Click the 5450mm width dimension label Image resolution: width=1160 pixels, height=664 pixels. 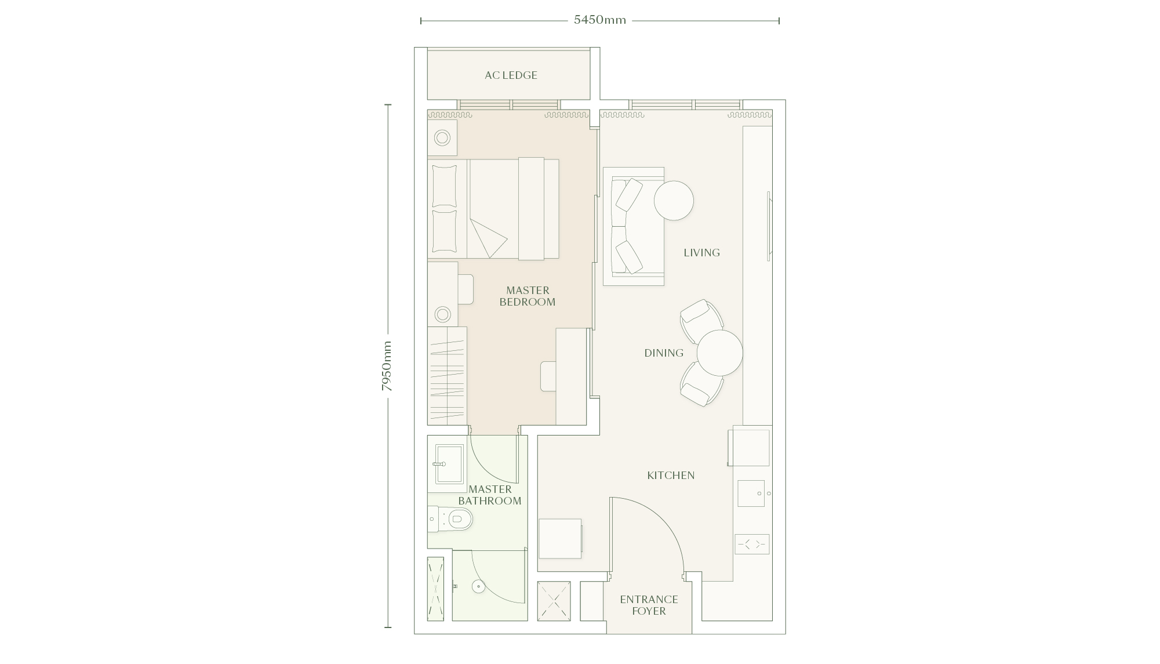click(x=600, y=20)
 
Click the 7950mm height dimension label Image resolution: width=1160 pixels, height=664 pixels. click(x=387, y=366)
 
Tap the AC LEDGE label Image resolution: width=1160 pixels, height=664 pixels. click(x=511, y=75)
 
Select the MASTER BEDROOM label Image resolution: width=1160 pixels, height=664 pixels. click(x=528, y=296)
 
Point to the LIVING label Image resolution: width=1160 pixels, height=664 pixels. click(x=701, y=252)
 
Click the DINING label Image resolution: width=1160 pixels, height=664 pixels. click(x=664, y=353)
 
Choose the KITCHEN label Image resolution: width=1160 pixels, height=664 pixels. click(x=671, y=476)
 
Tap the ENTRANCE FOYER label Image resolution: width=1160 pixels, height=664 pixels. click(x=649, y=605)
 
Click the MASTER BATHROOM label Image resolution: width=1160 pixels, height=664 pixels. click(x=490, y=495)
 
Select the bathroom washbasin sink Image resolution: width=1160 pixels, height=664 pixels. click(x=449, y=464)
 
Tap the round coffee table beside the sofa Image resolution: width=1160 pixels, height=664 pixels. click(x=674, y=201)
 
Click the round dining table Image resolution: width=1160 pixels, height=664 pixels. click(x=719, y=353)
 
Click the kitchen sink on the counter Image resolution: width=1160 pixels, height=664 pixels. click(x=751, y=494)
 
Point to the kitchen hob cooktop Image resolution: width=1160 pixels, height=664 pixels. click(x=752, y=545)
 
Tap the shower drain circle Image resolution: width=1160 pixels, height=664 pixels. click(x=478, y=586)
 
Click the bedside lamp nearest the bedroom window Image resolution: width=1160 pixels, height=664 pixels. click(x=442, y=138)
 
